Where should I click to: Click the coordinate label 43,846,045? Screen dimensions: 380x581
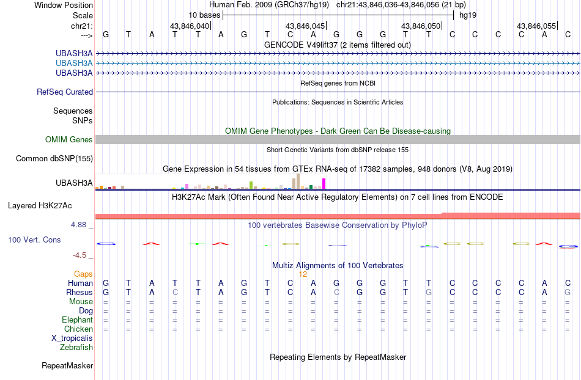pyautogui.click(x=305, y=26)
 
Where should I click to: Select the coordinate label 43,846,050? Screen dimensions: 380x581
pyautogui.click(x=420, y=26)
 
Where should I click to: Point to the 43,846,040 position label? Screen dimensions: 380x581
pyautogui.click(x=190, y=26)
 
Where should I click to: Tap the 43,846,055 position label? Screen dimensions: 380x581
pyautogui.click(x=536, y=26)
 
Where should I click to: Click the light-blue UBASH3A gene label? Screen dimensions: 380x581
pyautogui.click(x=74, y=63)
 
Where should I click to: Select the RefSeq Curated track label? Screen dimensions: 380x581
pyautogui.click(x=65, y=92)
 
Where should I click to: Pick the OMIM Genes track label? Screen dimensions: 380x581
pyautogui.click(x=69, y=140)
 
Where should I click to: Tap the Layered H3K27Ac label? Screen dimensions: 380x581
pyautogui.click(x=48, y=205)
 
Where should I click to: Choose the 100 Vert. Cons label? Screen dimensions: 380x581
pyautogui.click(x=34, y=240)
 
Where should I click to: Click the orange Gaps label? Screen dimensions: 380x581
pyautogui.click(x=83, y=274)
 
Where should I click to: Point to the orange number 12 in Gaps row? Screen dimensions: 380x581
pyautogui.click(x=303, y=274)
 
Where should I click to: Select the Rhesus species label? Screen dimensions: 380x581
pyautogui.click(x=80, y=293)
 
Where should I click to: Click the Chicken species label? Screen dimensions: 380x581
pyautogui.click(x=78, y=329)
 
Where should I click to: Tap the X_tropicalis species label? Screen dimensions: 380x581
pyautogui.click(x=72, y=338)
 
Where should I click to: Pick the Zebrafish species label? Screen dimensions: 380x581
pyautogui.click(x=76, y=348)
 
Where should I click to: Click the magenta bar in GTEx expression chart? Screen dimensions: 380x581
pyautogui.click(x=324, y=183)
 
